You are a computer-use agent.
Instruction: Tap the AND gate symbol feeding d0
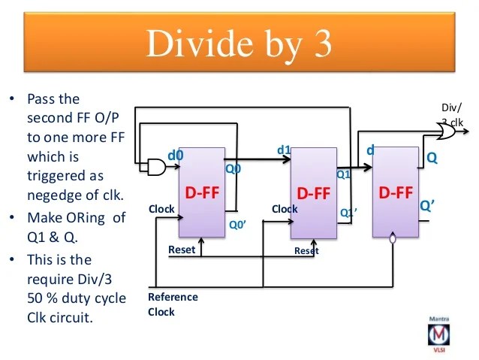point(155,168)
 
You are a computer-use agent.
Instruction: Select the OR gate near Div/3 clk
point(446,132)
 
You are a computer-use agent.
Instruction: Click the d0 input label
point(175,156)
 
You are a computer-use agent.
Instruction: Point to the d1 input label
point(284,150)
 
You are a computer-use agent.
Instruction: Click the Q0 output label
point(233,169)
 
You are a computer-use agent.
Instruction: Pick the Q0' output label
point(237,223)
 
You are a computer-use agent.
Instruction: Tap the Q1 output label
point(343,175)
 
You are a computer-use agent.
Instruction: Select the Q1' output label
point(349,213)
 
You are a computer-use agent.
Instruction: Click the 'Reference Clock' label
point(173,304)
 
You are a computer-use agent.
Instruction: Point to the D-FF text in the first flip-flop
point(202,192)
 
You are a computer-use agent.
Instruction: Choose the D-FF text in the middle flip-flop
point(314,193)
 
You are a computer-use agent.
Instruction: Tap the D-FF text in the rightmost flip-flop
point(395,192)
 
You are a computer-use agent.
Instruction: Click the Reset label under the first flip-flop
point(182,250)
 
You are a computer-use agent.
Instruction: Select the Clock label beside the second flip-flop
point(285,209)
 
